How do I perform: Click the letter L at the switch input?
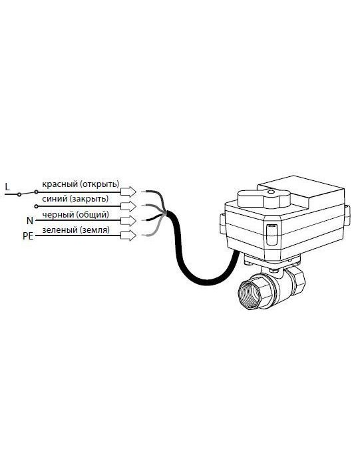[x=7, y=187]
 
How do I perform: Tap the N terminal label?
[x=30, y=221]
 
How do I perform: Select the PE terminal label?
[x=28, y=236]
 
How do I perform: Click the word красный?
[x=60, y=184]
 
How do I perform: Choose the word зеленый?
[x=60, y=230]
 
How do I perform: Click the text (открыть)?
[x=100, y=184]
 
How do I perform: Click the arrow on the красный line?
[x=128, y=192]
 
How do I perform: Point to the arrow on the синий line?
[x=128, y=206]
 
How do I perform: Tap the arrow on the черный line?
[x=128, y=221]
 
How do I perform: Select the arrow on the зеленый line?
[x=128, y=235]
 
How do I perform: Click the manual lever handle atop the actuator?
[x=264, y=198]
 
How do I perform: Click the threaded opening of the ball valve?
[x=250, y=295]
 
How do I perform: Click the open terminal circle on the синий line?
[x=36, y=206]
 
